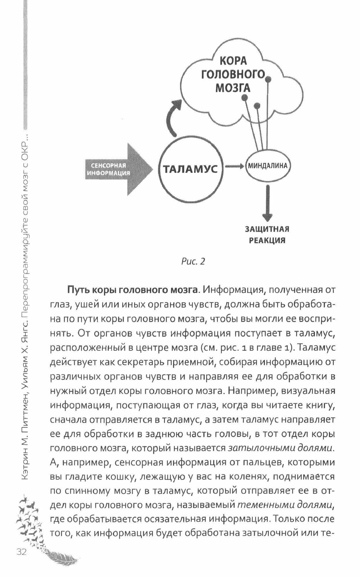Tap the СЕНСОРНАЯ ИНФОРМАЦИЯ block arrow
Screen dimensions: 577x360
pyautogui.click(x=118, y=170)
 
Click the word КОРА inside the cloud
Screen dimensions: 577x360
pyautogui.click(x=233, y=61)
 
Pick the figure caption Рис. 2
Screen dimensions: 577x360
pyautogui.click(x=193, y=261)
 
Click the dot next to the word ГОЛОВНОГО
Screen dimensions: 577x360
pyautogui.click(x=268, y=79)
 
